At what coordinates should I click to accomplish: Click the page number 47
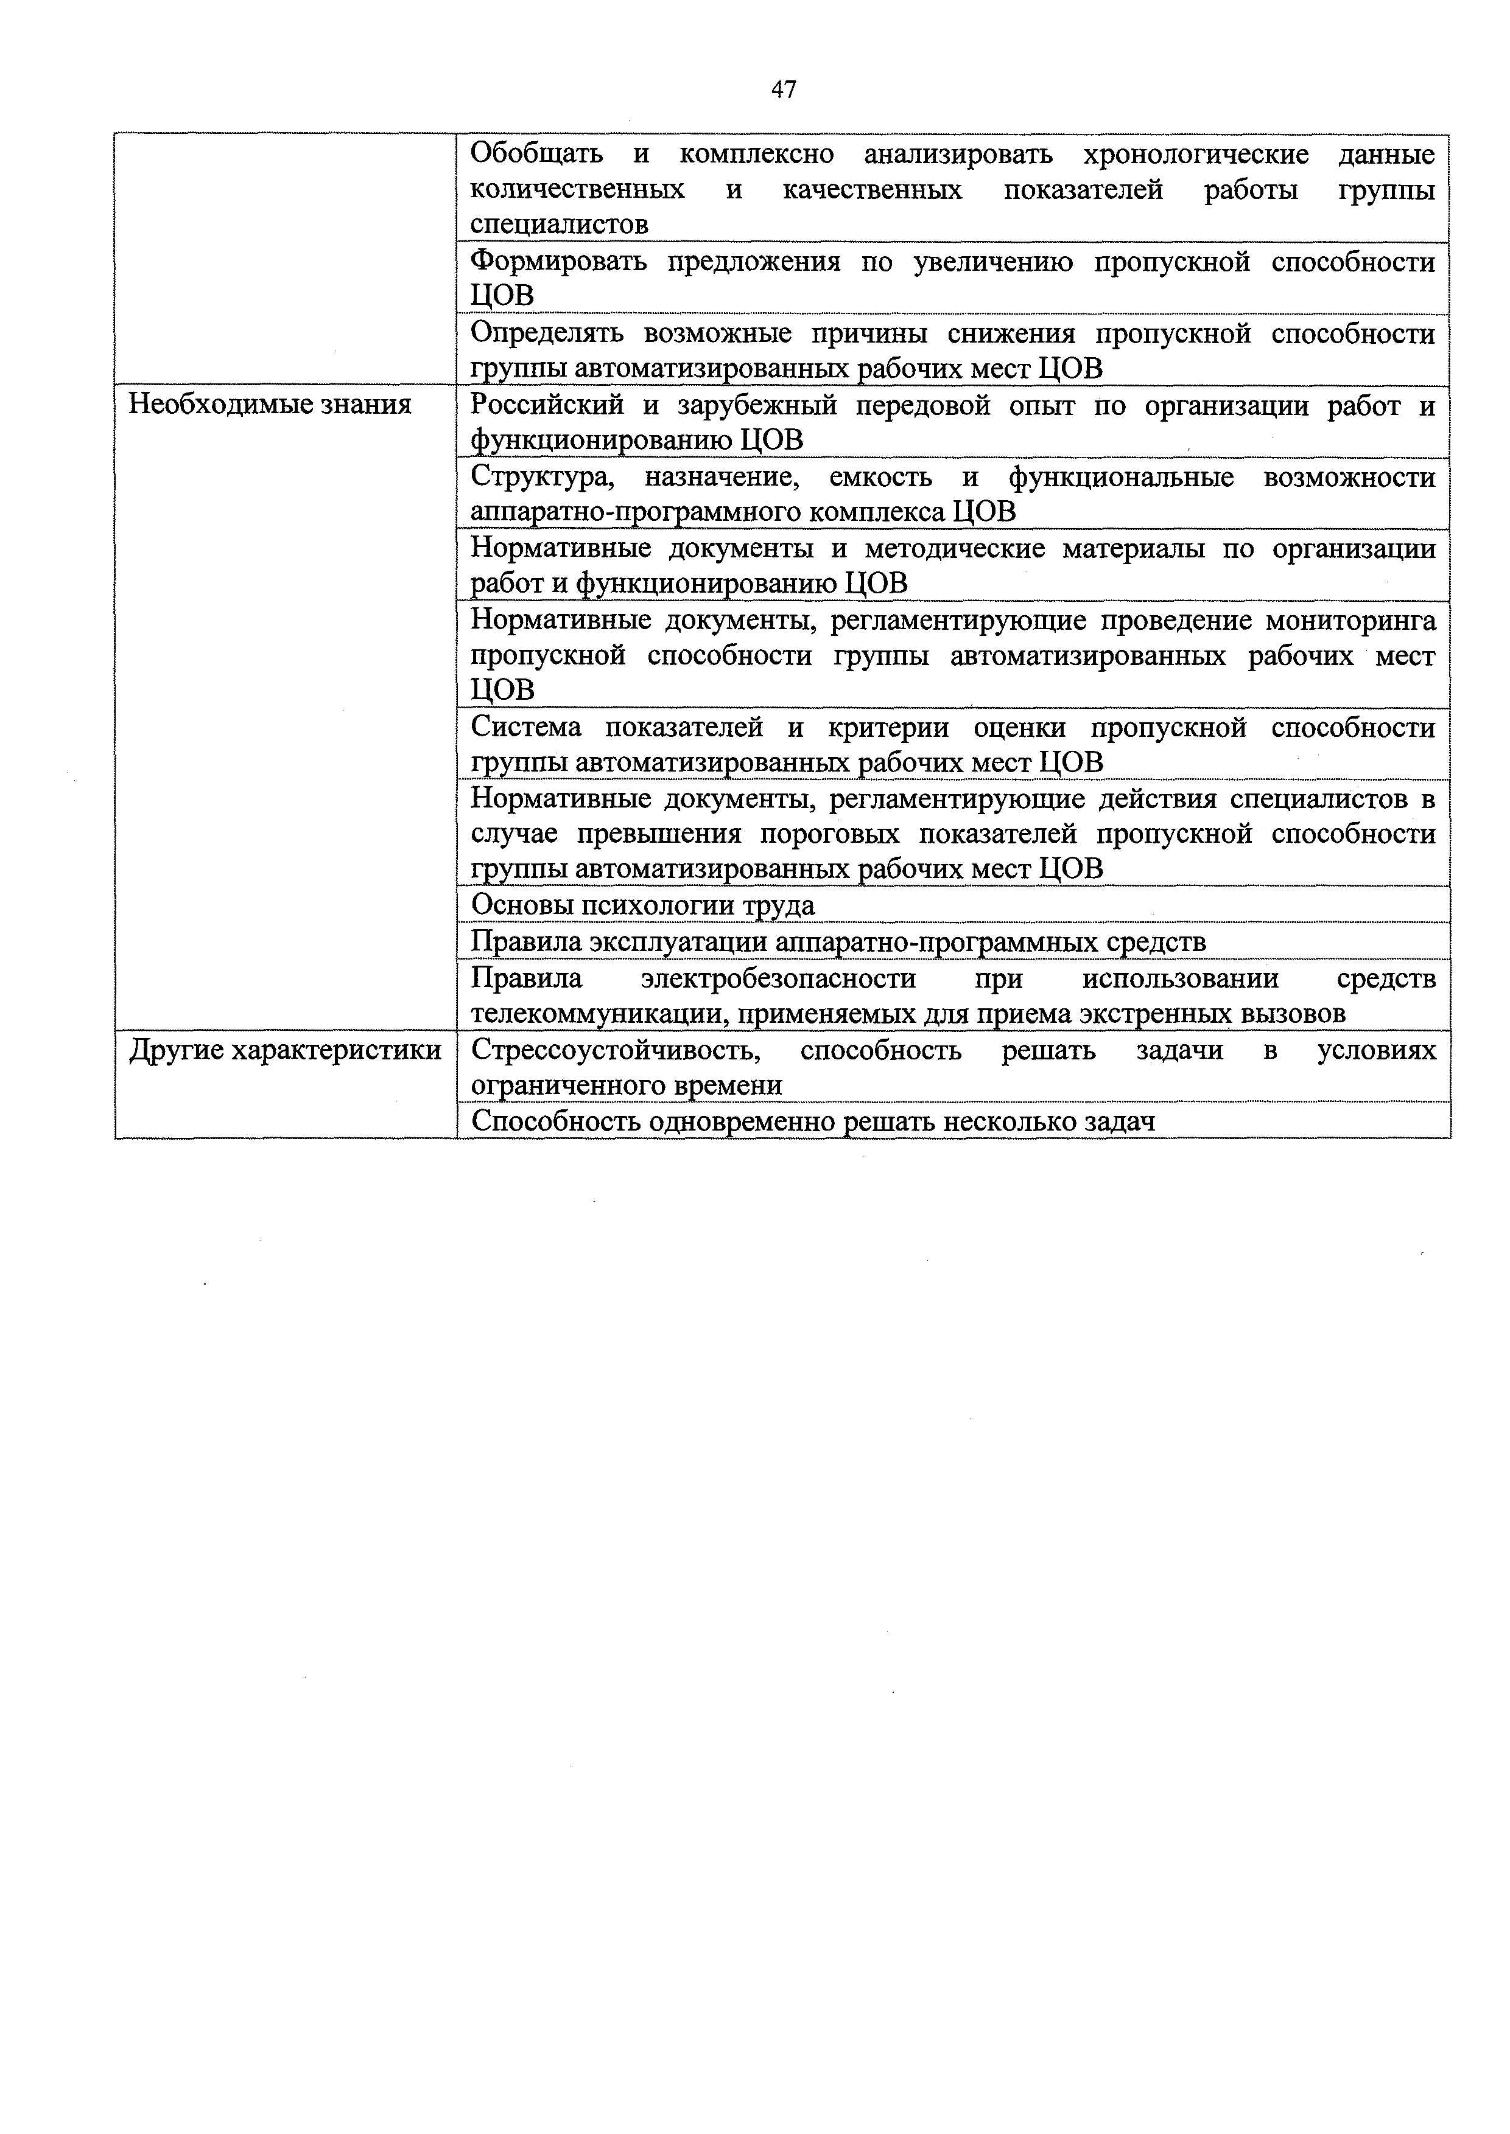tap(783, 90)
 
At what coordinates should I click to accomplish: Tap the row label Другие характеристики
tap(284, 1050)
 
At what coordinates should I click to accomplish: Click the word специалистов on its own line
tap(559, 224)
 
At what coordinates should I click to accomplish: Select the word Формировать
tap(558, 262)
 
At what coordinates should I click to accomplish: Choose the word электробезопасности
tap(778, 978)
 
